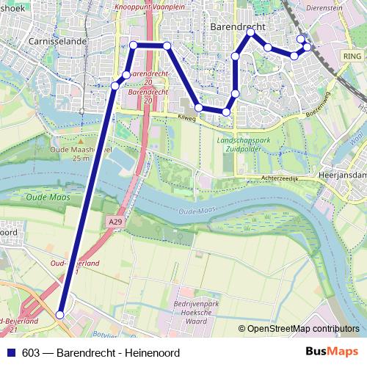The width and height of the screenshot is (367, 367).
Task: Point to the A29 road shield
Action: [114, 221]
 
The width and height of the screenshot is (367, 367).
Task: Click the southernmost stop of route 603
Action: [60, 315]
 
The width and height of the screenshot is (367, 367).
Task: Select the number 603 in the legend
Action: [32, 353]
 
